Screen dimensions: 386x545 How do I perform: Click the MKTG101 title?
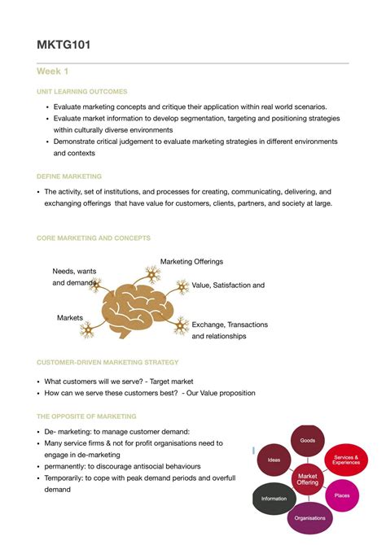coord(64,45)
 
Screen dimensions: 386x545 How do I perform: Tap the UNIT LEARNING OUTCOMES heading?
coord(81,92)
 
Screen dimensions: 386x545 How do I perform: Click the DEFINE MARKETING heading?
coord(69,176)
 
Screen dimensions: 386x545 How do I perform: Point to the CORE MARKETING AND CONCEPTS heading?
coord(94,238)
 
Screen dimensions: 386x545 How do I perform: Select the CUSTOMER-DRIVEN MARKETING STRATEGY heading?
coord(107,362)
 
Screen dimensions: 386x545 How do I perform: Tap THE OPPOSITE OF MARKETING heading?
coord(86,416)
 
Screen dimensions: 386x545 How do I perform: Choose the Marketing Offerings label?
coord(191,262)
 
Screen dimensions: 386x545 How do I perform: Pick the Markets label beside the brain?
coord(70,317)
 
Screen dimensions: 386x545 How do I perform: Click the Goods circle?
coord(308,440)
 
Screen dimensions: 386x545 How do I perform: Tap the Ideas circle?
coord(274,460)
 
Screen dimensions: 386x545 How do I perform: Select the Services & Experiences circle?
coord(345,460)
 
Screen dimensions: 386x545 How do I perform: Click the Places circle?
coord(342,495)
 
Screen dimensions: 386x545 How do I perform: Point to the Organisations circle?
coord(310,517)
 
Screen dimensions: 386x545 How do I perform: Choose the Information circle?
coord(274,498)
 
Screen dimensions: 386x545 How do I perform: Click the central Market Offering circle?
coord(308,479)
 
